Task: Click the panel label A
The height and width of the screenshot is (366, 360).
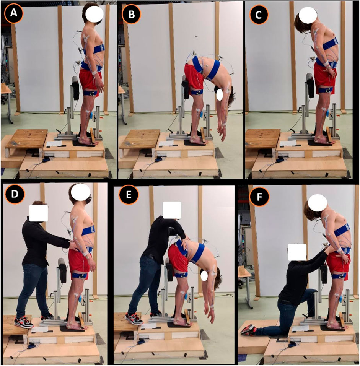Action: [14, 13]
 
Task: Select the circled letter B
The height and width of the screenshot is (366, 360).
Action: [132, 14]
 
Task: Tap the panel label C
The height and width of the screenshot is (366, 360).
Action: [259, 15]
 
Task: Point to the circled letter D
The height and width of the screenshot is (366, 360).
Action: [15, 194]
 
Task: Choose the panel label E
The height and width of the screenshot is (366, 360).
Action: [129, 195]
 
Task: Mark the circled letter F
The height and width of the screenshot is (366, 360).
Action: [259, 197]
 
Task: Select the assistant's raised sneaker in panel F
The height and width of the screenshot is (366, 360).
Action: [248, 330]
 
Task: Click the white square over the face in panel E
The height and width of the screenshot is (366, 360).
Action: [172, 210]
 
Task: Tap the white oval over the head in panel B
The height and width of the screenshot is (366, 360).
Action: [220, 95]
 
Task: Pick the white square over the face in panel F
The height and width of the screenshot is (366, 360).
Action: [297, 252]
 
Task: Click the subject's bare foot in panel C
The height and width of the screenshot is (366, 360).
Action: [324, 141]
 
